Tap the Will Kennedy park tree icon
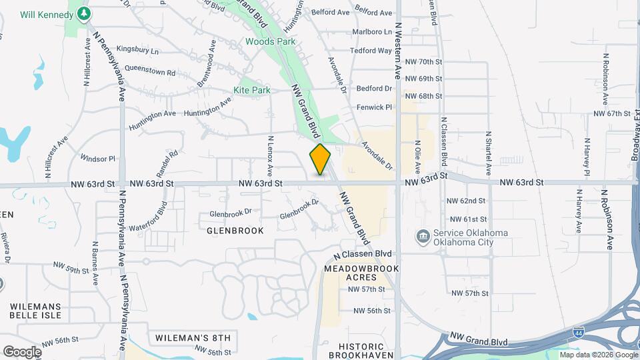tap(83, 13)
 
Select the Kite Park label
tap(252, 90)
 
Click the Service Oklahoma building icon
tap(422, 237)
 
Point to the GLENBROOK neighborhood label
tap(235, 230)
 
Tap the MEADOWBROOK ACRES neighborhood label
tap(361, 273)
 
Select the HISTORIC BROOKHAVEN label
tap(361, 351)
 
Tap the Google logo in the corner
tap(22, 351)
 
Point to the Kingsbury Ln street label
tap(138, 50)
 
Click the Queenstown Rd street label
tap(150, 72)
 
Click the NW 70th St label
tap(427, 61)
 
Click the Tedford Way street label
tap(371, 51)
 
